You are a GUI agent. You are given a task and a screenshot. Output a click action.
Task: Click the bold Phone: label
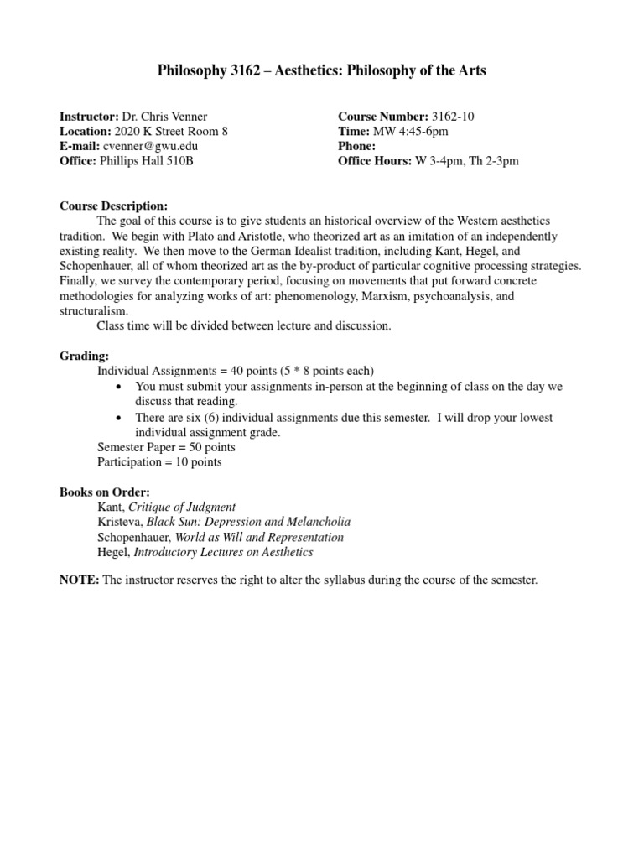point(357,146)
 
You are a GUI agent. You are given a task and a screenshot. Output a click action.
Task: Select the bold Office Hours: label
point(375,161)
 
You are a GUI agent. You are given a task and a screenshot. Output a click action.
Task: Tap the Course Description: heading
point(114,206)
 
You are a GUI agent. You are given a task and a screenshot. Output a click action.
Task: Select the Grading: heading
point(84,356)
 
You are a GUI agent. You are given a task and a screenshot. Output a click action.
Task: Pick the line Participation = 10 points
point(159,461)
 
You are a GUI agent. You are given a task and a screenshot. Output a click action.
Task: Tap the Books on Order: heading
point(105,492)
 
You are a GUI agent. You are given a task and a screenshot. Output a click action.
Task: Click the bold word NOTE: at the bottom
point(80,580)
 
